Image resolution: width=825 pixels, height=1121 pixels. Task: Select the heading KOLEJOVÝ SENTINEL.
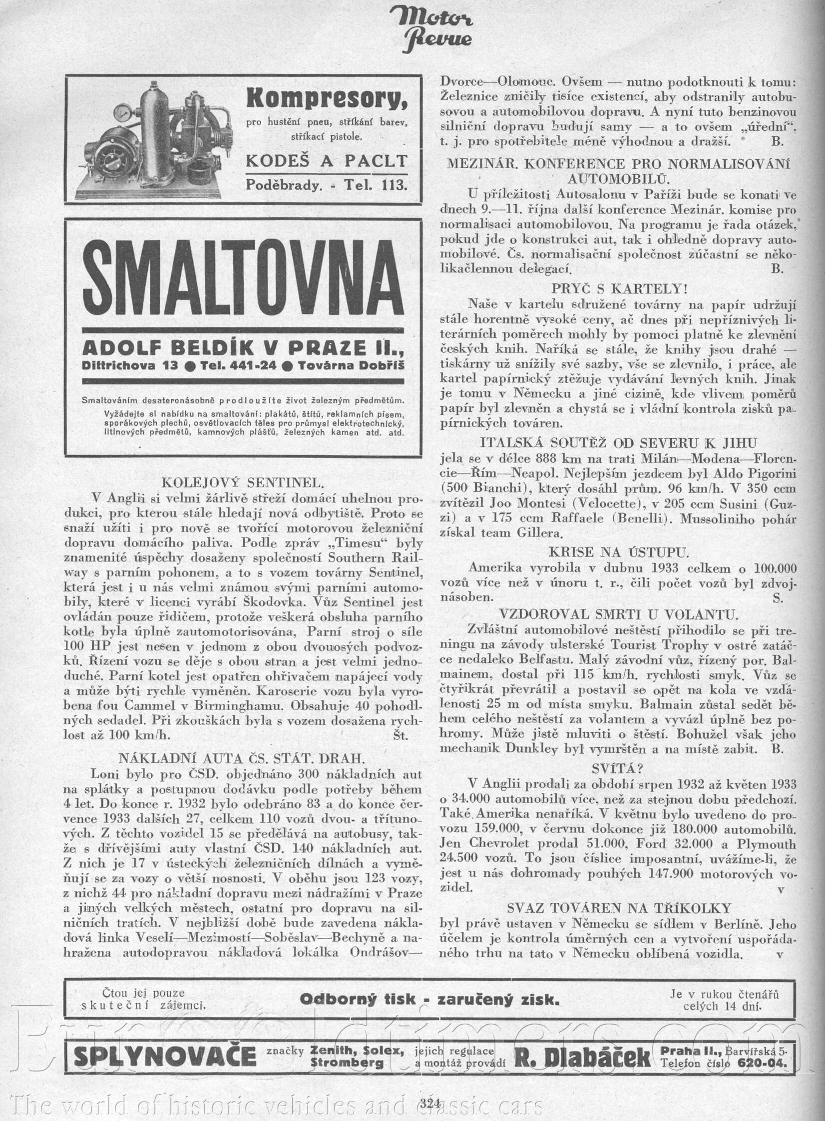coord(243,482)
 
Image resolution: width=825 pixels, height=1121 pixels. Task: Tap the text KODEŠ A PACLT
coord(327,161)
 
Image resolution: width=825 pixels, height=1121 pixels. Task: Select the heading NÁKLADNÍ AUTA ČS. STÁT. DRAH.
coord(242,759)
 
